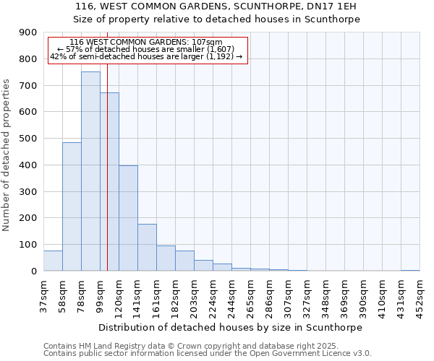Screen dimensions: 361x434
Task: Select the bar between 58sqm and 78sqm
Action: (72, 206)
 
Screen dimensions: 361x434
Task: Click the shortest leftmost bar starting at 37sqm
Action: (53, 261)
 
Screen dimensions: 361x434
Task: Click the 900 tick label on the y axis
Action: (28, 32)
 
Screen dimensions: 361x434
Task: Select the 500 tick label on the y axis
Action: (28, 139)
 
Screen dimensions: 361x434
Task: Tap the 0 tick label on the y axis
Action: (33, 271)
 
